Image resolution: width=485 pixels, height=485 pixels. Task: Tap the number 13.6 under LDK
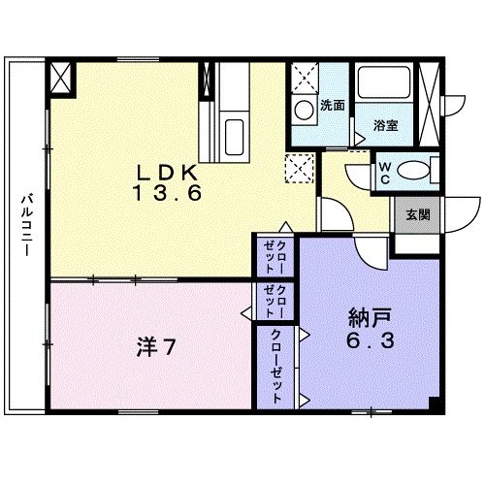(168, 192)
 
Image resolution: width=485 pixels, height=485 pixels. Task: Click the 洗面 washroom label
(333, 105)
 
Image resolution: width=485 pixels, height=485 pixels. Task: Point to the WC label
(385, 174)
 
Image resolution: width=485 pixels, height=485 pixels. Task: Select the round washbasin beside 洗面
(304, 108)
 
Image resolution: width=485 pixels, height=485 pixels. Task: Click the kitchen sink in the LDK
(234, 131)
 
